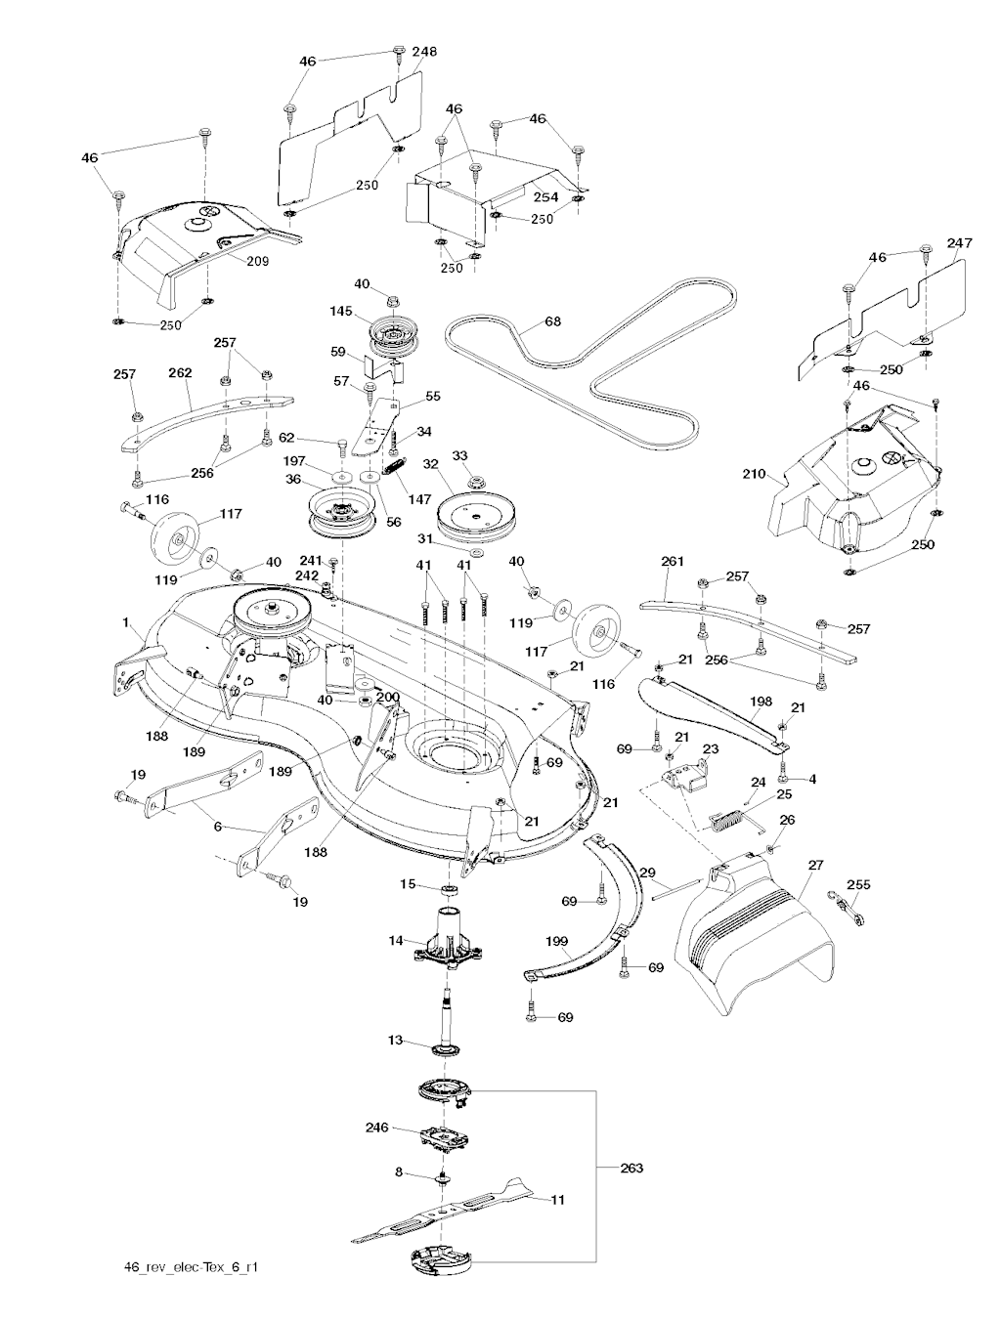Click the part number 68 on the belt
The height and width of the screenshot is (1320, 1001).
tap(553, 319)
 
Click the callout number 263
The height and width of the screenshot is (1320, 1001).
tap(631, 1168)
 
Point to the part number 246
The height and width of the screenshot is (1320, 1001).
tap(376, 1127)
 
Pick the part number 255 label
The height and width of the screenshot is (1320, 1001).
tap(857, 884)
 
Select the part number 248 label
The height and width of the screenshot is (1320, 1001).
tap(424, 51)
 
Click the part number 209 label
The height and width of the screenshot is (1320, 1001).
tap(256, 261)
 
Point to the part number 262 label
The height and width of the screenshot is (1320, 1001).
tap(180, 372)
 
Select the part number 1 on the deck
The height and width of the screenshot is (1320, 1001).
tap(125, 621)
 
